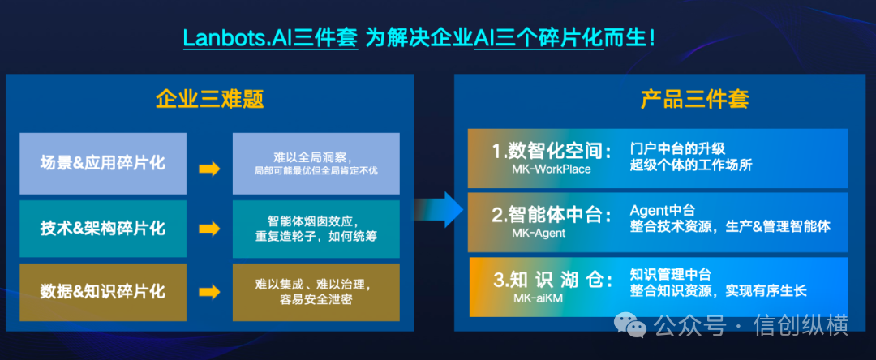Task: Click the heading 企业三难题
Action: (209, 100)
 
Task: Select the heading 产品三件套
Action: (694, 100)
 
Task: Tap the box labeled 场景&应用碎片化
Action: (103, 163)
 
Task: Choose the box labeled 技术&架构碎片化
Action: (103, 229)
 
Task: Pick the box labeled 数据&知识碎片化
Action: (103, 292)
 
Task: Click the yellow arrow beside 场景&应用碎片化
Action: (209, 169)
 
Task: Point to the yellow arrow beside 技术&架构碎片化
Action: (209, 229)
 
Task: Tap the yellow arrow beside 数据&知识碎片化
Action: (209, 292)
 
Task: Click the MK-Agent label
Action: (539, 234)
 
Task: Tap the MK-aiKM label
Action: (538, 298)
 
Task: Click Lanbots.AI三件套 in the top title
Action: (270, 38)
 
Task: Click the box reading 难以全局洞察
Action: (316, 163)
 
